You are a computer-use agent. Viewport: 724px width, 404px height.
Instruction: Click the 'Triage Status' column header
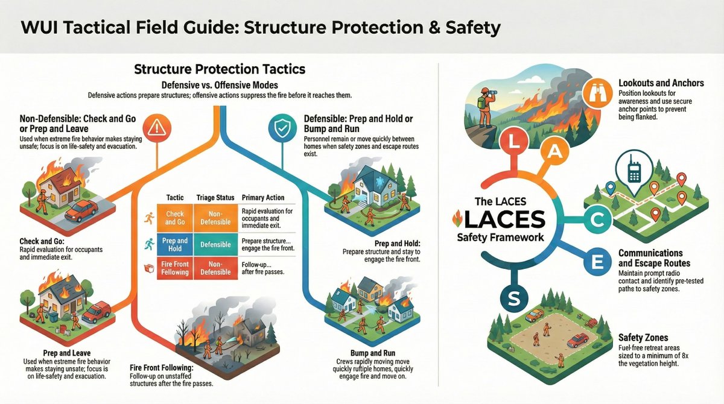coord(214,198)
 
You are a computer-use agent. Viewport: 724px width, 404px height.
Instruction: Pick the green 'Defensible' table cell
coord(215,245)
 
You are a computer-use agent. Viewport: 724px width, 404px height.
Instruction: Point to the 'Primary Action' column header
coord(262,198)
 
